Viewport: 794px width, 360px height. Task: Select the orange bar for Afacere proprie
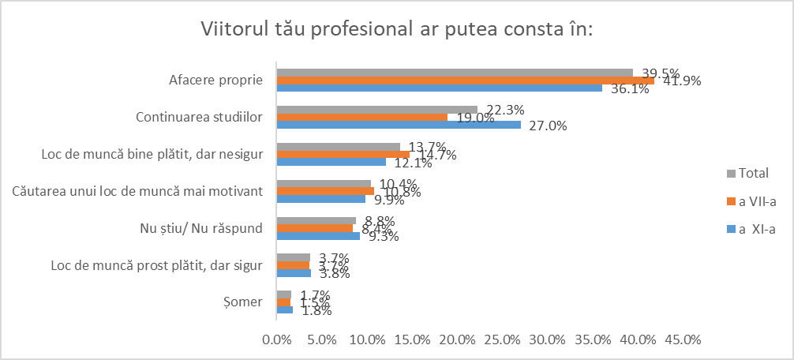tap(465, 81)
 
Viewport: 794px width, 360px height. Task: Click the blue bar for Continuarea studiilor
tap(399, 125)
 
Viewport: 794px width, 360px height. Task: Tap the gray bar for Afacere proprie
tap(455, 73)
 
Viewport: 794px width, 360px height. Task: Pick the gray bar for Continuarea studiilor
tap(377, 109)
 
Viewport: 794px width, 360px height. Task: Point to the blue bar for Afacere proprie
tap(439, 88)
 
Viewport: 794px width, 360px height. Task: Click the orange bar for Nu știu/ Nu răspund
tap(315, 228)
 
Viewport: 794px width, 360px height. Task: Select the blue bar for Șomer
tap(284, 310)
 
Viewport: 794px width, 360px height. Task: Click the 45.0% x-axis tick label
tap(683, 340)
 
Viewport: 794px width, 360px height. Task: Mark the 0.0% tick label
tap(277, 340)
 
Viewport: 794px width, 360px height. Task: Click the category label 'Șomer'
tap(245, 302)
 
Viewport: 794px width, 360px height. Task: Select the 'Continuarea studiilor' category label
tap(199, 118)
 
